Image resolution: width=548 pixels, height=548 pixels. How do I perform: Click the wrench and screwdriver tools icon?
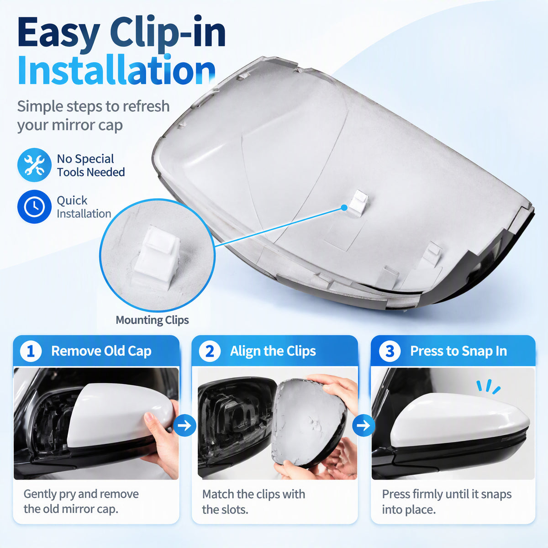click(x=34, y=165)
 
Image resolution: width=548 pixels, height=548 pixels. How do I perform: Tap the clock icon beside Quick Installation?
click(x=34, y=207)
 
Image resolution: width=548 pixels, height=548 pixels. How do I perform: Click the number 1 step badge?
click(x=31, y=351)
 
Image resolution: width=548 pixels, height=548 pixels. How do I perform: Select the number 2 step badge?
click(x=210, y=351)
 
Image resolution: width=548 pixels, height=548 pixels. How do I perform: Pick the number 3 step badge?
click(x=390, y=351)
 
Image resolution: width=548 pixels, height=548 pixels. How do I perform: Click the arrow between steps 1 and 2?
click(x=184, y=426)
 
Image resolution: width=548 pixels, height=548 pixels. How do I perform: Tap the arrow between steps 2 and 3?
click(x=364, y=426)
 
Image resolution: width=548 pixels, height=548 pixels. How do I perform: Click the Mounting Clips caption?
click(x=152, y=320)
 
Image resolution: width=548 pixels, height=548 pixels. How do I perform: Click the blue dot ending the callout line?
click(x=344, y=208)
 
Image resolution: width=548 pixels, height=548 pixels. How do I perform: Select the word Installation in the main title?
click(x=116, y=70)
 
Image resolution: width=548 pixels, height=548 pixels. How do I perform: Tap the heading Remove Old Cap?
click(x=101, y=351)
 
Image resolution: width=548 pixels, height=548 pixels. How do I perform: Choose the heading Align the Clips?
click(x=273, y=351)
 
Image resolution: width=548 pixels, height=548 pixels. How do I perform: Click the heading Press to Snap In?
click(x=458, y=351)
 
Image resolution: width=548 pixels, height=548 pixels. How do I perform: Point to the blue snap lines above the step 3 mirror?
click(x=488, y=386)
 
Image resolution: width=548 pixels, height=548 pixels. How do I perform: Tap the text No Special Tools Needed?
click(x=91, y=165)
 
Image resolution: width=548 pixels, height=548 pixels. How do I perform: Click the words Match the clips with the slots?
click(x=253, y=501)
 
